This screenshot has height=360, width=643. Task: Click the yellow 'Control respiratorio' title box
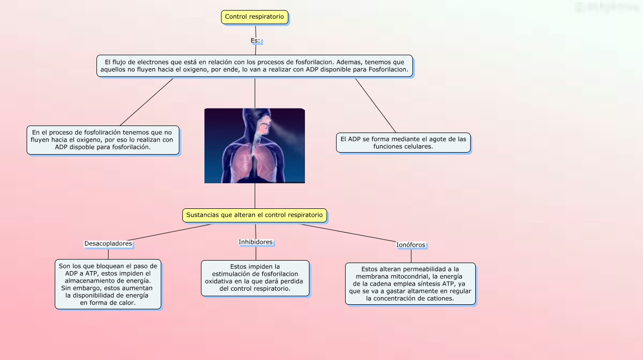(255, 17)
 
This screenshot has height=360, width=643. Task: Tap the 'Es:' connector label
(255, 41)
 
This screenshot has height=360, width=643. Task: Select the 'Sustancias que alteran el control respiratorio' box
(255, 215)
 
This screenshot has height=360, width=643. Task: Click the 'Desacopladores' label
(108, 244)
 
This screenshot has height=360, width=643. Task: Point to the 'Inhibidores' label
(256, 242)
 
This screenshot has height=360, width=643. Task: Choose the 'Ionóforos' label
(411, 245)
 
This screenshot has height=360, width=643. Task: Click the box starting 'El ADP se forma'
(403, 143)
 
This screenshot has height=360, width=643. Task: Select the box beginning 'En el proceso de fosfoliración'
(103, 140)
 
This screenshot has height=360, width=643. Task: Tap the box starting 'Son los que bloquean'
(108, 284)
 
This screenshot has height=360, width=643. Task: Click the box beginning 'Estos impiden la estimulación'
(255, 278)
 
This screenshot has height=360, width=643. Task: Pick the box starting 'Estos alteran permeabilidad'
(410, 284)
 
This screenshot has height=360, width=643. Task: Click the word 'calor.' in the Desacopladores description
(127, 303)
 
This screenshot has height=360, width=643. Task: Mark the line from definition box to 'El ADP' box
(376, 105)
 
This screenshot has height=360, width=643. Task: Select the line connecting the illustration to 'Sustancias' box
(255, 196)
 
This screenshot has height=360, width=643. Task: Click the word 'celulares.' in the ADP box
(420, 147)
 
